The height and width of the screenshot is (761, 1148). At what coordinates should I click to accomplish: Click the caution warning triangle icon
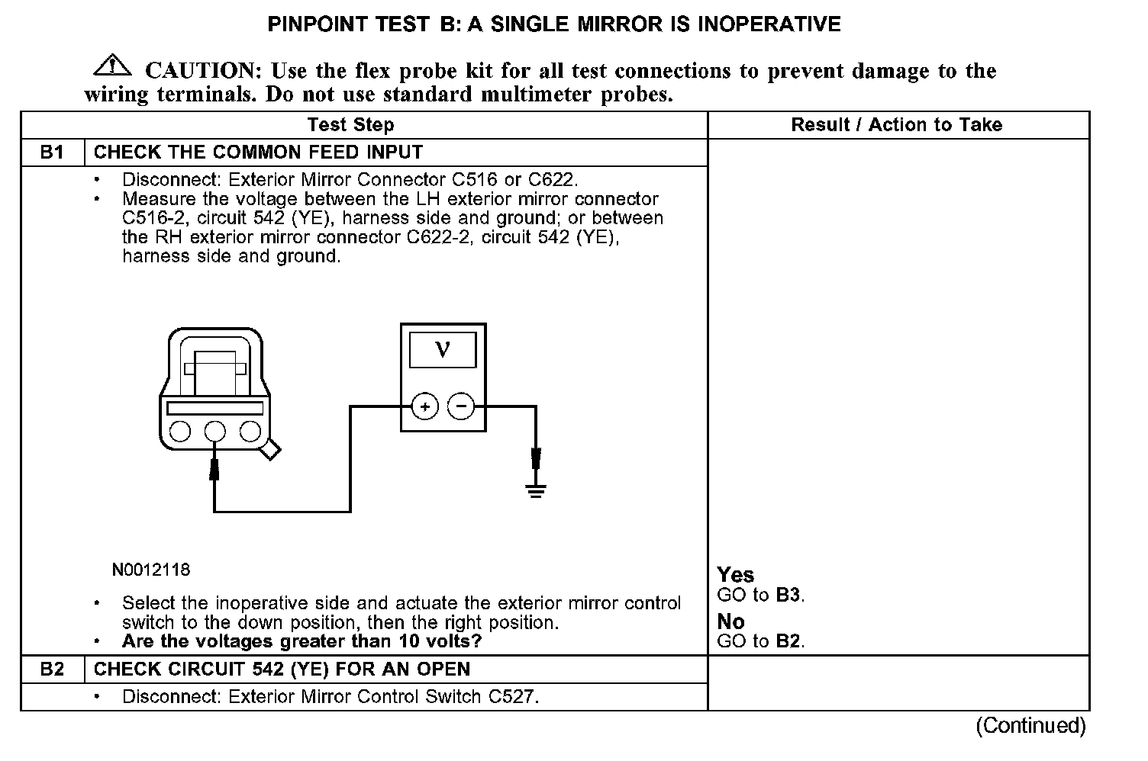click(x=111, y=66)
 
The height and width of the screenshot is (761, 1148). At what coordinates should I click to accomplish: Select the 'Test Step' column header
click(x=350, y=125)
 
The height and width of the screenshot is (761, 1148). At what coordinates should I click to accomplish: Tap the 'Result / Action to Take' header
click(x=896, y=125)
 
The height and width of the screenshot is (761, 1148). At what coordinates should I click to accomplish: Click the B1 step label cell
click(x=52, y=152)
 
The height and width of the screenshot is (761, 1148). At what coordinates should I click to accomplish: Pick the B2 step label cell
click(x=52, y=669)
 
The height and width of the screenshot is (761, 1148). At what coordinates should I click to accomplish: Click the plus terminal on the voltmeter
click(x=424, y=406)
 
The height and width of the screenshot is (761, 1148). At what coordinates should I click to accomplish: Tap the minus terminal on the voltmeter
click(x=460, y=406)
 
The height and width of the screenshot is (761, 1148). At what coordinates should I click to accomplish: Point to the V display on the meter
click(x=443, y=349)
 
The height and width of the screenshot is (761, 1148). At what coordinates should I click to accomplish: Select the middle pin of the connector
click(x=215, y=432)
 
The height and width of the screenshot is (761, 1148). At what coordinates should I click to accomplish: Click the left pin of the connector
click(x=180, y=432)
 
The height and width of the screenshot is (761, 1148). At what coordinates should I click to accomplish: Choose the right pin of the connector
click(x=250, y=432)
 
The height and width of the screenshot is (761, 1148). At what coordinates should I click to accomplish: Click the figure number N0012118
click(x=150, y=570)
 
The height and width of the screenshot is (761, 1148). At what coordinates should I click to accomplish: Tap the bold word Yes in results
click(x=736, y=575)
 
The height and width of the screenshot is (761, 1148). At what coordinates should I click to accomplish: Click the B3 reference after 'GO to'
click(x=788, y=595)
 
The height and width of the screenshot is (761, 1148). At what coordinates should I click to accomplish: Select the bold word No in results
click(x=731, y=621)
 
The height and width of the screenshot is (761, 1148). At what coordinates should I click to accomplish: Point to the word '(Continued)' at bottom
click(x=1030, y=725)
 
